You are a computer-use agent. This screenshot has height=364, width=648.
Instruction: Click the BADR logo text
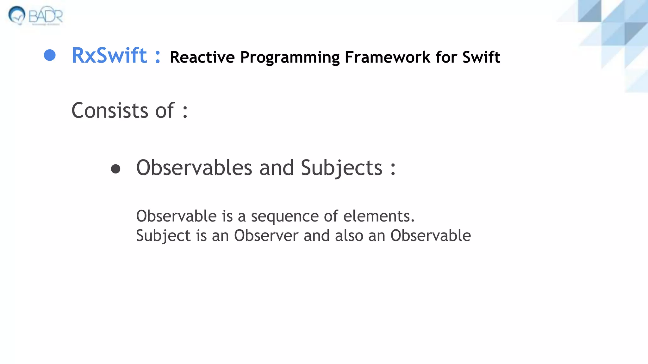coord(46,16)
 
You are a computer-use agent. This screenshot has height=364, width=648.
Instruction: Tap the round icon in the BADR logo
coord(17,15)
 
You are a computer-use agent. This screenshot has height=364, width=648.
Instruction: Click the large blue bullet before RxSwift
coord(50,55)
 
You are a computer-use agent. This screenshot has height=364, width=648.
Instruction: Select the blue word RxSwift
coord(109,56)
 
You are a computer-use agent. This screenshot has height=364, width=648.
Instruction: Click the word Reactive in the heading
coord(202,57)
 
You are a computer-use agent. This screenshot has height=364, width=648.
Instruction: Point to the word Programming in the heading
coord(290,58)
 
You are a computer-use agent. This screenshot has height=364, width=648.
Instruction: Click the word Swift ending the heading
coord(481,57)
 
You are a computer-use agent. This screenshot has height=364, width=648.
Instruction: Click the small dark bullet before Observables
coord(115,169)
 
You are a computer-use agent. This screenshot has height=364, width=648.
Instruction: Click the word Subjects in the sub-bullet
coord(341,168)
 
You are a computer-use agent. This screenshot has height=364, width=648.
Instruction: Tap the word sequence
coord(285,217)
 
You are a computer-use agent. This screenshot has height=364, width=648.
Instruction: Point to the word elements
coord(379,216)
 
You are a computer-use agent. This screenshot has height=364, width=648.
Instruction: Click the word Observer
coord(266,236)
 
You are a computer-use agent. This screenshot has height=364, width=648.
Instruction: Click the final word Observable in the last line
coord(430,236)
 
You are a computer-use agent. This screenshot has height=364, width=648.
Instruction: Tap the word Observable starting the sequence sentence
coord(176,216)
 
